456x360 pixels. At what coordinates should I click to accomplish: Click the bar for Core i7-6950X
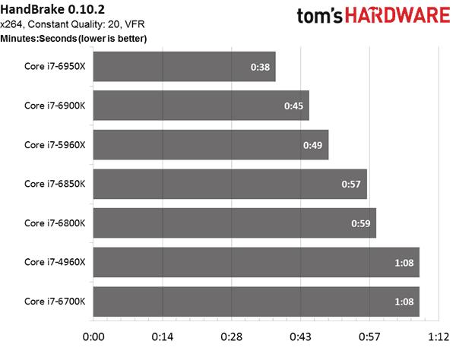pyautogui.click(x=184, y=66)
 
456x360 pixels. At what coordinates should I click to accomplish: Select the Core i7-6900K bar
pyautogui.click(x=201, y=106)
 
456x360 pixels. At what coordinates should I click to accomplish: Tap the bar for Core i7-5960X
pyautogui.click(x=211, y=144)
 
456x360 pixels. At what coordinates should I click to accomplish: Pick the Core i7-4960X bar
pyautogui.click(x=256, y=262)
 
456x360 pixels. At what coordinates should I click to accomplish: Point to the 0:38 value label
pyautogui.click(x=261, y=67)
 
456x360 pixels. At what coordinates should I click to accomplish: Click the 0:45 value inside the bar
pyautogui.click(x=294, y=106)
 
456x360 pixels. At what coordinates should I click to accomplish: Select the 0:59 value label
pyautogui.click(x=361, y=223)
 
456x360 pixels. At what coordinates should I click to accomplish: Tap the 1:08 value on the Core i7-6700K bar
pyautogui.click(x=404, y=302)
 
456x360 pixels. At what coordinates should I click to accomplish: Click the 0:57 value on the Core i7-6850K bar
pyautogui.click(x=352, y=184)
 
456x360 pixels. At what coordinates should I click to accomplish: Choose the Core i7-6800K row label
pyautogui.click(x=55, y=223)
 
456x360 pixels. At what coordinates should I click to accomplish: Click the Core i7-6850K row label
pyautogui.click(x=55, y=184)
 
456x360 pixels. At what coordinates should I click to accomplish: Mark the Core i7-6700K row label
pyautogui.click(x=55, y=302)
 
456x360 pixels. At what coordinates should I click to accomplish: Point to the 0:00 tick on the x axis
pyautogui.click(x=93, y=336)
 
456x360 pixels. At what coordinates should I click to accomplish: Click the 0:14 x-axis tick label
pyautogui.click(x=162, y=336)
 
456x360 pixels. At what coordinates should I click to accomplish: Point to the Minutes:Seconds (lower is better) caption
pyautogui.click(x=74, y=38)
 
